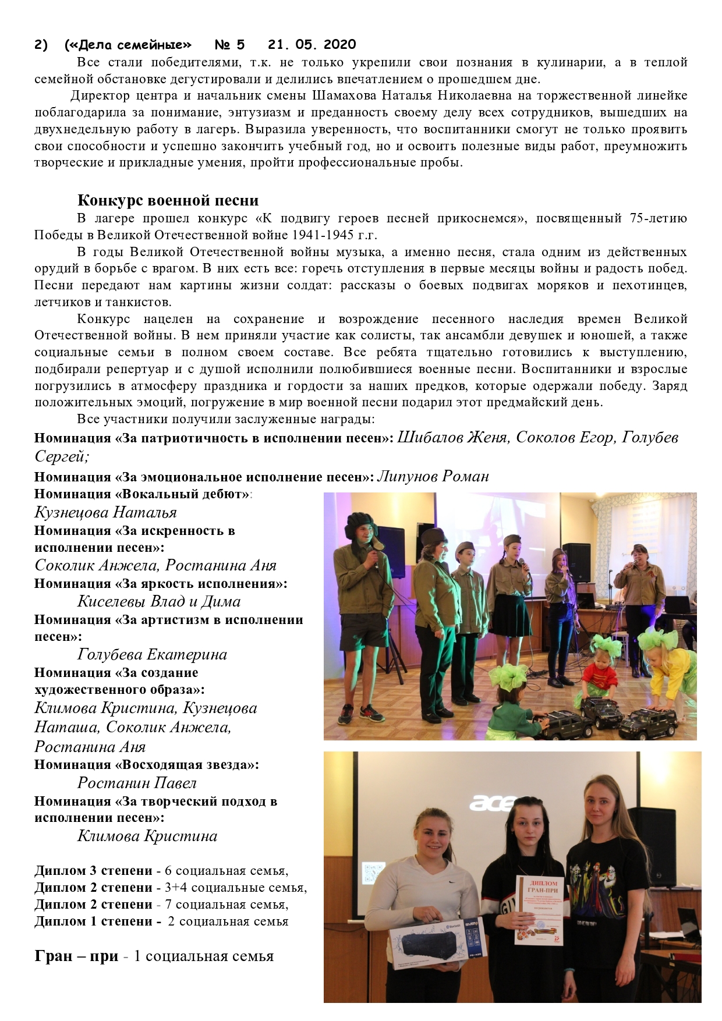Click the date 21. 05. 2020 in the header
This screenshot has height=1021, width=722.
312,45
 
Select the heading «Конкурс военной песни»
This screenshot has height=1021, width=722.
168,201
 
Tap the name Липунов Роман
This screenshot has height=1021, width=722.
433,476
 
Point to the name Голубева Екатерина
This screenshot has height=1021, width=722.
152,654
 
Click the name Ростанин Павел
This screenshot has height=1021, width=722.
137,783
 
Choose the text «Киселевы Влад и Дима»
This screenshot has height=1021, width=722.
158,601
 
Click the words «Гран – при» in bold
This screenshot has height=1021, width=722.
76,956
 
